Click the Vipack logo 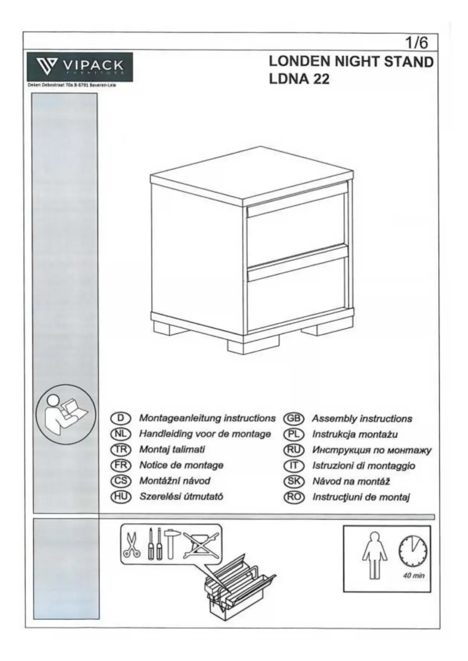80,67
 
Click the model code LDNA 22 299,79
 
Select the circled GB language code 293,419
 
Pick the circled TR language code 120,450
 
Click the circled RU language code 293,450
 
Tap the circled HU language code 120,497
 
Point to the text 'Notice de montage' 181,465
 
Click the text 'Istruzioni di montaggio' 364,466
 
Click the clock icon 413,551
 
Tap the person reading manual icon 66,415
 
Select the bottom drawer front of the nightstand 296,292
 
